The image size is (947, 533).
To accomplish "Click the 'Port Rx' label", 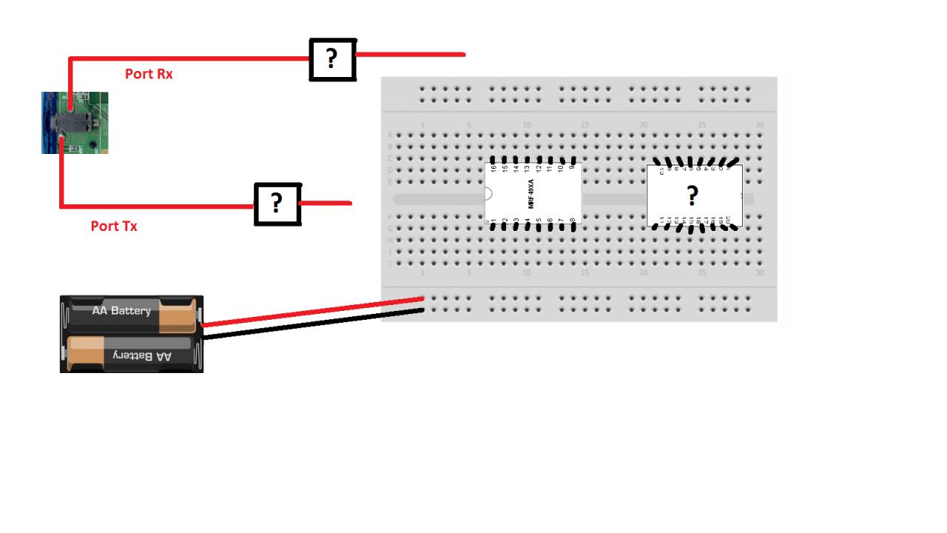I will pyautogui.click(x=149, y=74).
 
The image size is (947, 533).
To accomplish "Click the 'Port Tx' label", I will pyautogui.click(x=114, y=227).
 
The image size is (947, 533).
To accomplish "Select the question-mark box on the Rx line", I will pyautogui.click(x=332, y=59).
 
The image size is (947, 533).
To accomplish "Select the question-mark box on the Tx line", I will pyautogui.click(x=277, y=204).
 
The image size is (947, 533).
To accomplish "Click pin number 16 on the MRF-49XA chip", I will pyautogui.click(x=493, y=169).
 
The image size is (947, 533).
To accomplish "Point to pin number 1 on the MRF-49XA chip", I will pyautogui.click(x=493, y=221).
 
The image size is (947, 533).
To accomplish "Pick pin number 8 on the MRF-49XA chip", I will pyautogui.click(x=573, y=221).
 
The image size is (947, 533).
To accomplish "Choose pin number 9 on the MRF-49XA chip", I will pyautogui.click(x=573, y=169).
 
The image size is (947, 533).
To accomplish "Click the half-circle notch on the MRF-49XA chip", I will pyautogui.click(x=489, y=195).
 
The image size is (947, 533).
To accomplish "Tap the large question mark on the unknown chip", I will pyautogui.click(x=692, y=196).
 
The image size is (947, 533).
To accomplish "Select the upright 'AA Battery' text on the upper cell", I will pyautogui.click(x=121, y=311).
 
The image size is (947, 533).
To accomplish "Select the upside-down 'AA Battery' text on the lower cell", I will pyautogui.click(x=142, y=356).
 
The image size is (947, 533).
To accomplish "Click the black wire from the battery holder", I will pyautogui.click(x=311, y=324).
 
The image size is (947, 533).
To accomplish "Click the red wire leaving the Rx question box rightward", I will pyautogui.click(x=411, y=55).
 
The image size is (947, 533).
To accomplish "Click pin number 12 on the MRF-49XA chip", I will pyautogui.click(x=539, y=169).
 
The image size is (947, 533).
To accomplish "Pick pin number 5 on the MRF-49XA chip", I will pyautogui.click(x=539, y=221).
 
